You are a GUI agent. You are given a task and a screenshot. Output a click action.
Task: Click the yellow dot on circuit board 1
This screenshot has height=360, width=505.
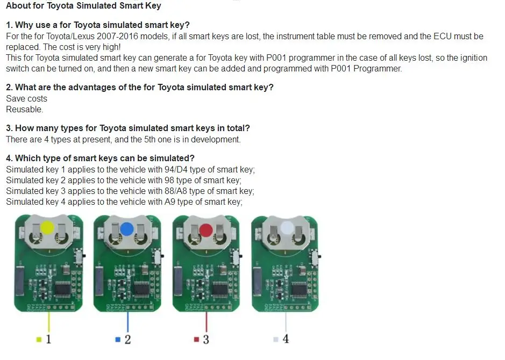tap(47, 227)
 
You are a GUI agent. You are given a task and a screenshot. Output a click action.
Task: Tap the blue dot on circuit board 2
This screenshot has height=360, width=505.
tap(126, 229)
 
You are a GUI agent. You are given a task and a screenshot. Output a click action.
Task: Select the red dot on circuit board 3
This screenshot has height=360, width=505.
tap(206, 230)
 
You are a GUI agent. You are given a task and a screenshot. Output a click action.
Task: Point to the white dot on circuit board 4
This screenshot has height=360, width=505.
tap(287, 228)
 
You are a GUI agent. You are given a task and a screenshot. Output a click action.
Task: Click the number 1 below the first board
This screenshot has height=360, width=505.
tap(48, 339)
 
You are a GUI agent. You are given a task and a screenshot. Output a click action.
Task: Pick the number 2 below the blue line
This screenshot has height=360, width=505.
tap(127, 340)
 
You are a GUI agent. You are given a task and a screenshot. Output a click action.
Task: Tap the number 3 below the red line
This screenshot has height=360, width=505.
tap(206, 340)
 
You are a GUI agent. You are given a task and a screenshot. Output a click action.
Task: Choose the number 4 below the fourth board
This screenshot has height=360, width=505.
tap(286, 339)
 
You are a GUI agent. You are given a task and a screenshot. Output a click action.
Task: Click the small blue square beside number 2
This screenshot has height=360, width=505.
tap(118, 340)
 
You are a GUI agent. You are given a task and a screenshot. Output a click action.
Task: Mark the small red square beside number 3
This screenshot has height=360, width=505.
tap(196, 340)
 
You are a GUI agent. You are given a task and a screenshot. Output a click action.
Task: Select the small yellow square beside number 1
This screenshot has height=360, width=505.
tap(39, 340)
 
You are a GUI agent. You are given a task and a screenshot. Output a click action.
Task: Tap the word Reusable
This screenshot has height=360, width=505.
tap(25, 110)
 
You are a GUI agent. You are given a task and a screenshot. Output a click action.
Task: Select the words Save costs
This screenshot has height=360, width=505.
tap(27, 98)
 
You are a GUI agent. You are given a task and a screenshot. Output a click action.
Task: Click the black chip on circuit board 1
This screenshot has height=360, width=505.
tap(62, 289)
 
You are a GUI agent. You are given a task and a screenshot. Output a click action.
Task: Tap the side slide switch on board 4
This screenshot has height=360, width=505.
tap(315, 256)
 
